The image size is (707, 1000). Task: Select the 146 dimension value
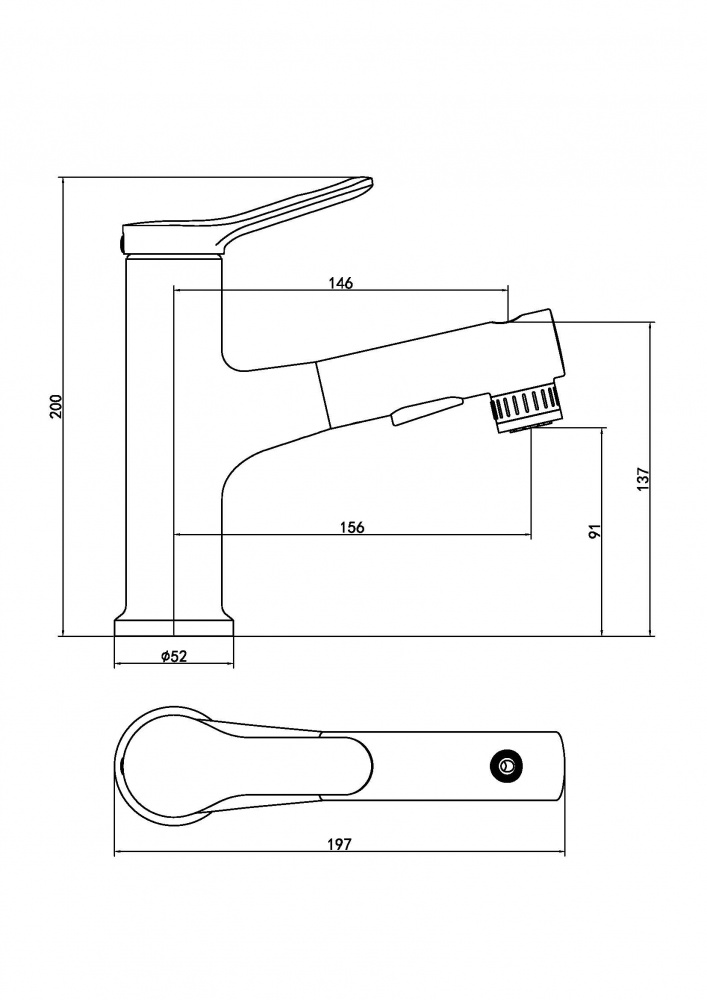point(341,283)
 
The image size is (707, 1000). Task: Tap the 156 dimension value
point(351,527)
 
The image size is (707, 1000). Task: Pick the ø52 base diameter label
point(174,656)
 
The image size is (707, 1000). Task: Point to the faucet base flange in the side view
point(174,626)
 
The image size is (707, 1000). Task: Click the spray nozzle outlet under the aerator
point(531,427)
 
